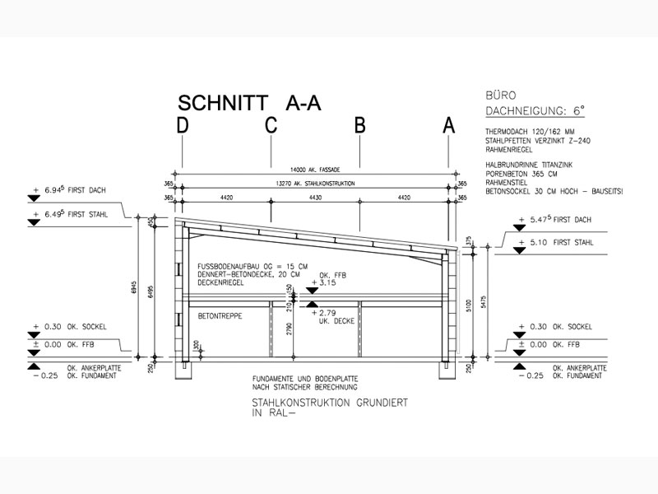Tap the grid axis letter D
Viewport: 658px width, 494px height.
pos(182,125)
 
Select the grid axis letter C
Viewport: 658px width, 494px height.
pos(271,125)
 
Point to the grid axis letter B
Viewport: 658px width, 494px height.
pos(359,125)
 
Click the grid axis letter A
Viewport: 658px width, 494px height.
pos(449,125)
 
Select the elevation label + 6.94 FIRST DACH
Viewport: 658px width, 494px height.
pos(70,190)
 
